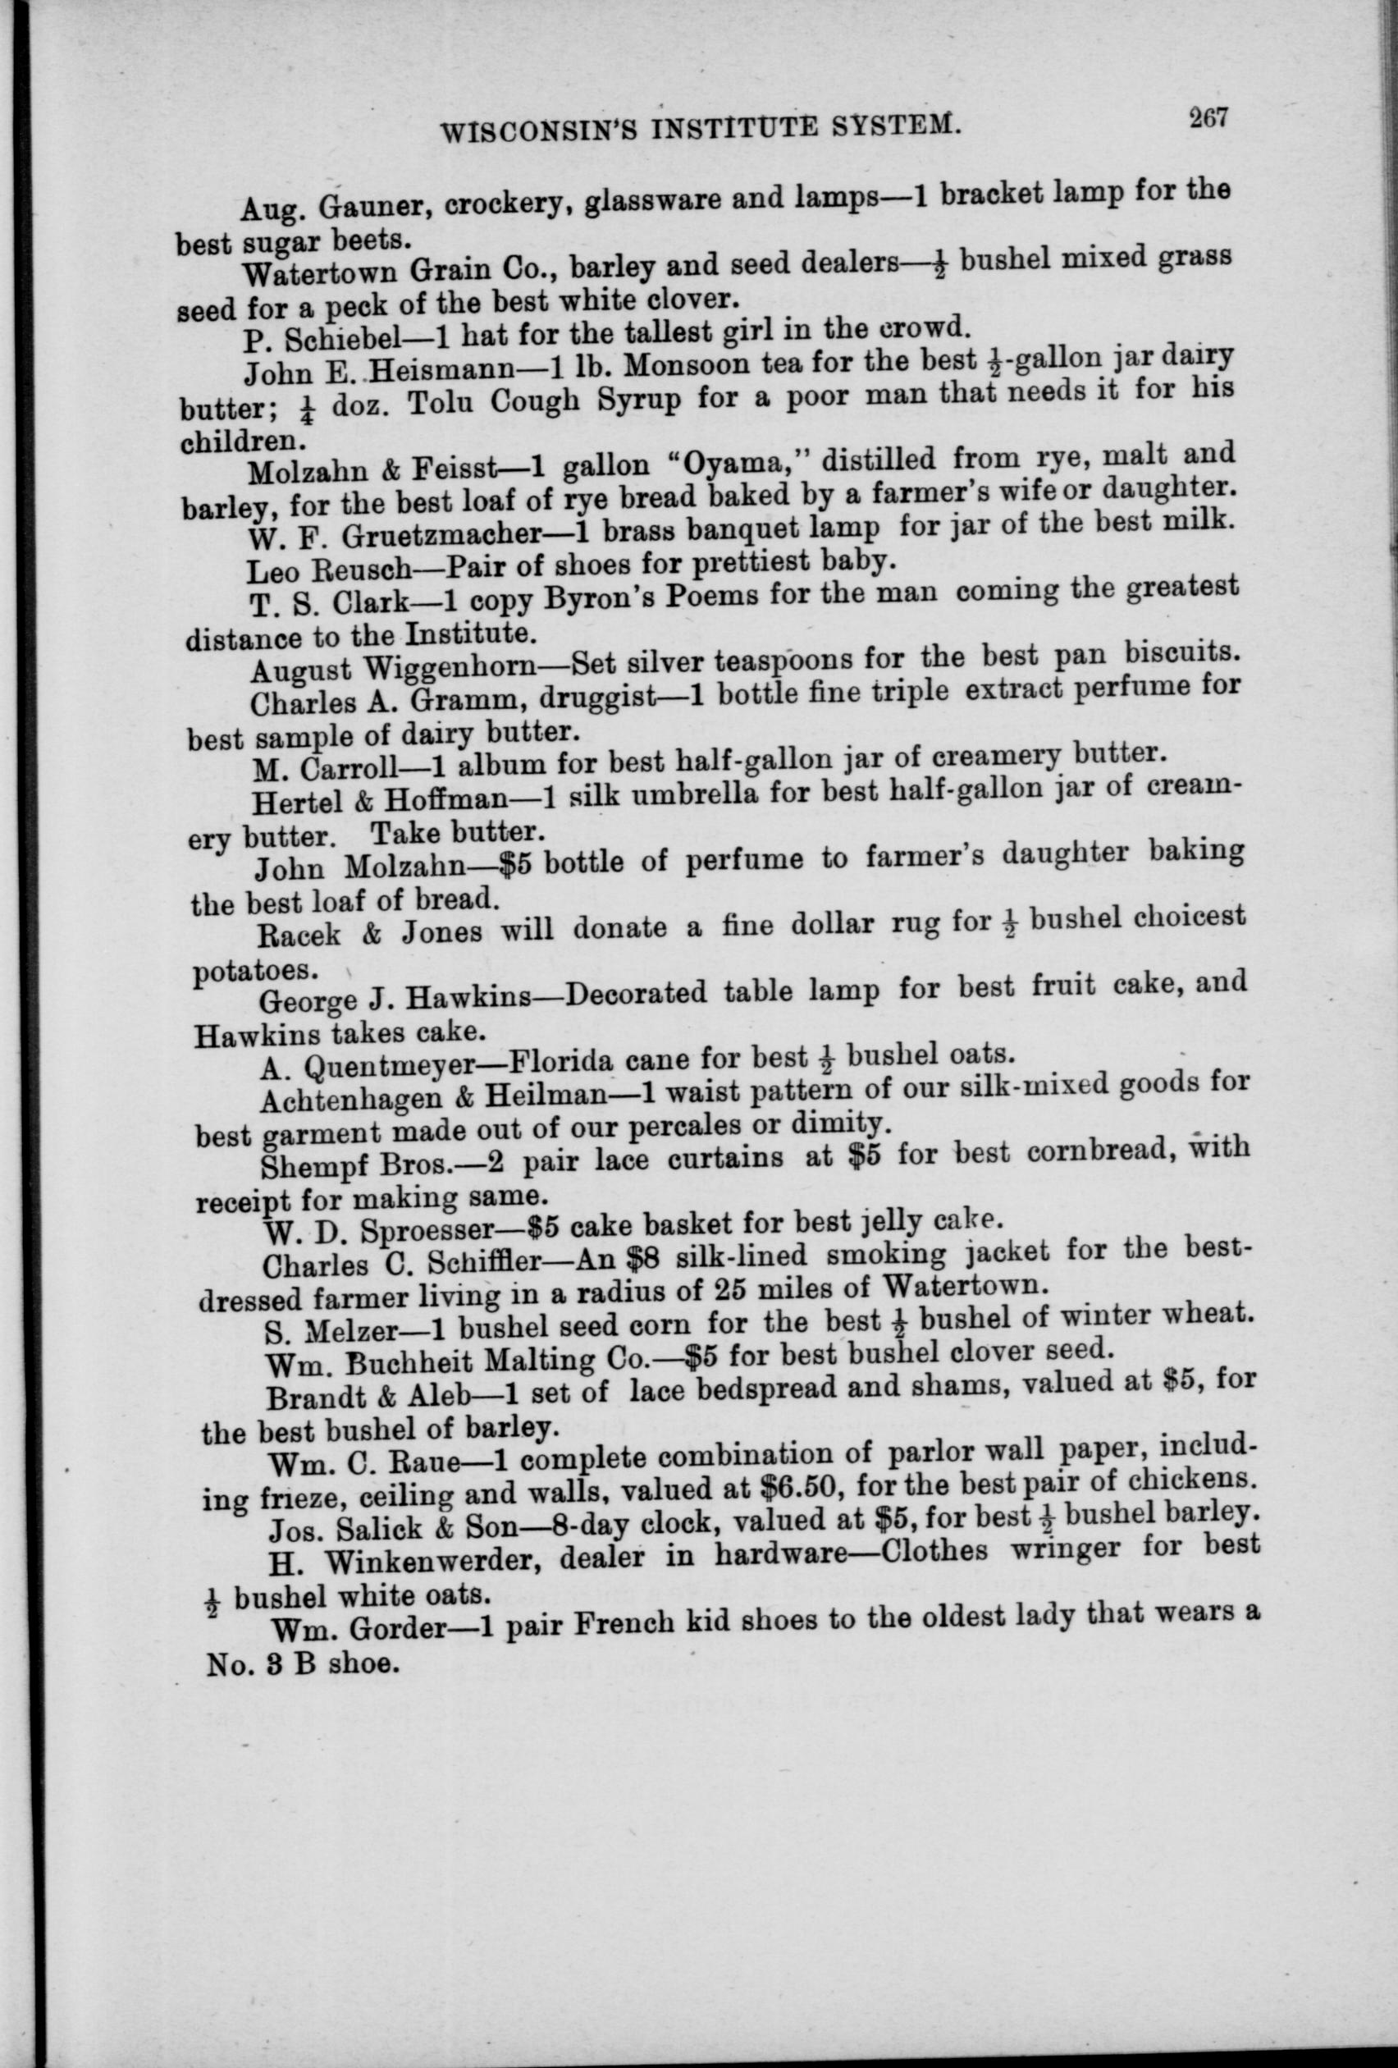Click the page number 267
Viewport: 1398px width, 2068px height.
point(1205,119)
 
